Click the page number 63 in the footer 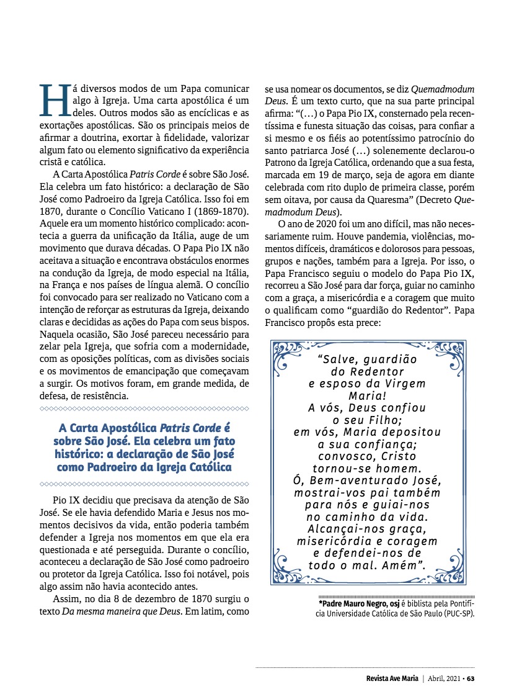pos(471,678)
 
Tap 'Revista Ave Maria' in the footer pos(392,678)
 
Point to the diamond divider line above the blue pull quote pos(144,409)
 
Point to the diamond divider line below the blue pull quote pos(144,483)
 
